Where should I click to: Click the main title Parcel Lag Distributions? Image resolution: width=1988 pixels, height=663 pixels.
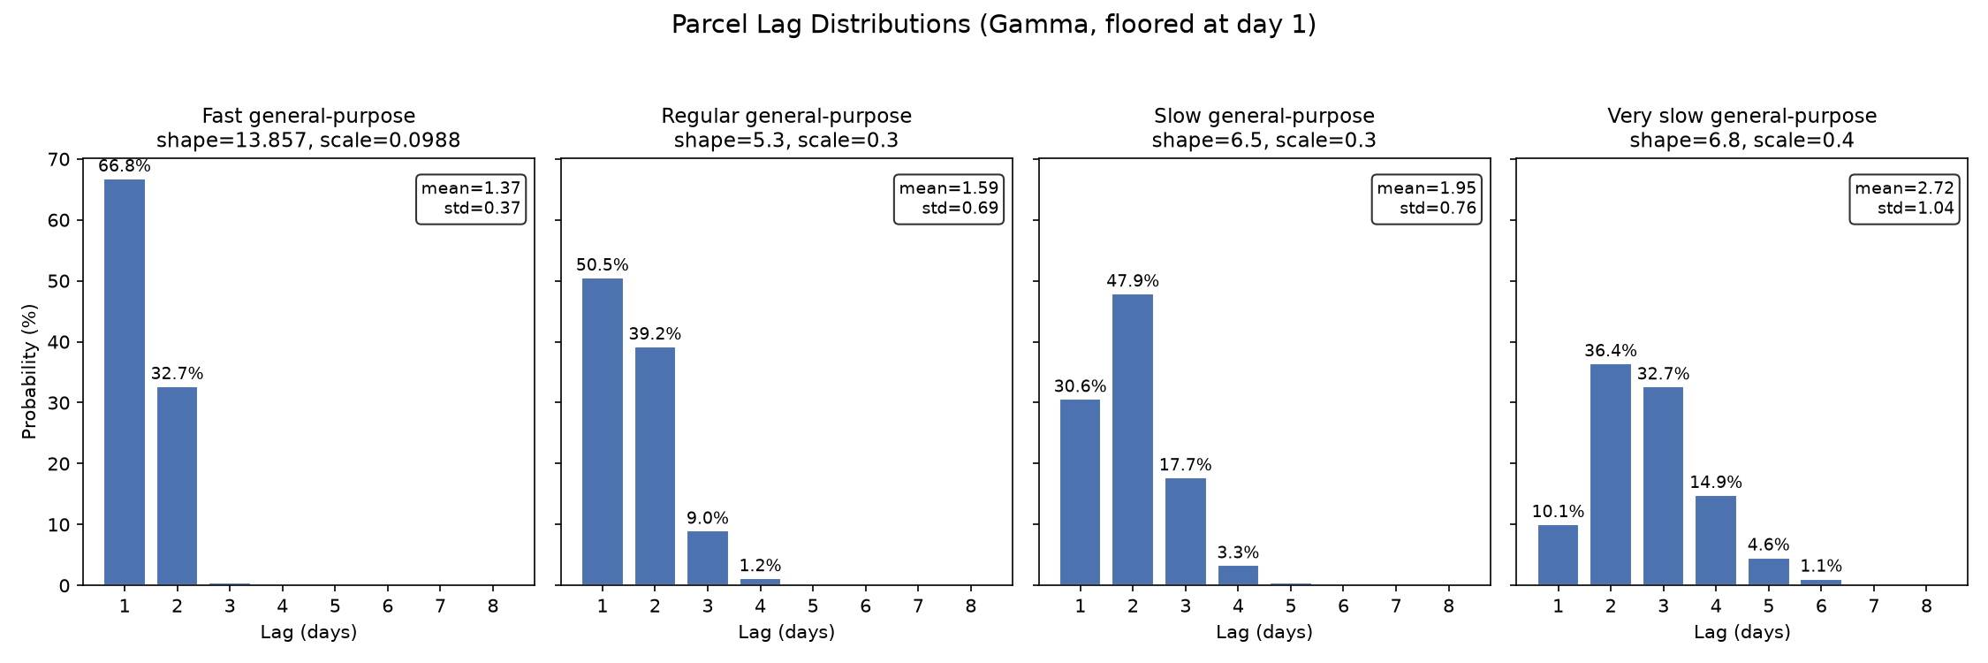pyautogui.click(x=993, y=25)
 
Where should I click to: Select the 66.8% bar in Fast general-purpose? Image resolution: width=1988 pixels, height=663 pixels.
pyautogui.click(x=125, y=382)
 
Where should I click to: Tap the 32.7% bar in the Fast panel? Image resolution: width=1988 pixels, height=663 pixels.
pyautogui.click(x=177, y=486)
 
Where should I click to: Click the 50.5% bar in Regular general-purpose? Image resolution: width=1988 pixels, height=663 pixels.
pyautogui.click(x=602, y=431)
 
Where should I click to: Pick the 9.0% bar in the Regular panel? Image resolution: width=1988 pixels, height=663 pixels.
pyautogui.click(x=708, y=558)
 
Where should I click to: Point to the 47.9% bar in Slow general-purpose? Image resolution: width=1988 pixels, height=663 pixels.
pyautogui.click(x=1133, y=439)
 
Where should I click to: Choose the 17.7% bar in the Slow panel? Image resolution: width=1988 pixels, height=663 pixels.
pyautogui.click(x=1185, y=531)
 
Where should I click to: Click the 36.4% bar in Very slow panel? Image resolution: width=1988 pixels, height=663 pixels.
pyautogui.click(x=1611, y=475)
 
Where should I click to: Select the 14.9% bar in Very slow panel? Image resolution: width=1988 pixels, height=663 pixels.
pyautogui.click(x=1716, y=540)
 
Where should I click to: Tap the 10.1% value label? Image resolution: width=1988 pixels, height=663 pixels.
pyautogui.click(x=1558, y=512)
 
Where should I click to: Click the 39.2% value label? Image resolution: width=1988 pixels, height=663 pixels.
pyautogui.click(x=655, y=334)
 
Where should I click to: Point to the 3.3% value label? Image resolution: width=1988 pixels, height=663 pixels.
pyautogui.click(x=1238, y=552)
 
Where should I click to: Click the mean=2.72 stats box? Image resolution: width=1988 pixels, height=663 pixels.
pyautogui.click(x=1904, y=199)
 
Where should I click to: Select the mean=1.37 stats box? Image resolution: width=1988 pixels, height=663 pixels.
pyautogui.click(x=471, y=199)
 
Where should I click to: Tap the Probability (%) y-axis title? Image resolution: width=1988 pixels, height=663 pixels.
pyautogui.click(x=29, y=371)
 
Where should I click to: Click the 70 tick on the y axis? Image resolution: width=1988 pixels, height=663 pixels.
pyautogui.click(x=59, y=160)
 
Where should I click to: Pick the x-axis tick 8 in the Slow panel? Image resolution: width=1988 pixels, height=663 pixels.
pyautogui.click(x=1448, y=606)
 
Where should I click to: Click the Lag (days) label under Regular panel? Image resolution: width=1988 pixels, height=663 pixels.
pyautogui.click(x=786, y=632)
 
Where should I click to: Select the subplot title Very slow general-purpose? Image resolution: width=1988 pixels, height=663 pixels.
pyautogui.click(x=1741, y=116)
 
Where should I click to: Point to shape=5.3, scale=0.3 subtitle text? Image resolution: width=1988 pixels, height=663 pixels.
pyautogui.click(x=786, y=140)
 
